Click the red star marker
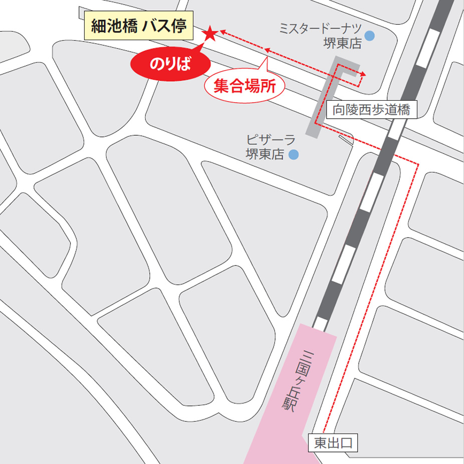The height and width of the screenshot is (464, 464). pyautogui.click(x=209, y=34)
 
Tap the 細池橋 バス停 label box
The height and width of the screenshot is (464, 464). pyautogui.click(x=139, y=27)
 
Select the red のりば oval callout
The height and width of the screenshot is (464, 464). pyautogui.click(x=170, y=64)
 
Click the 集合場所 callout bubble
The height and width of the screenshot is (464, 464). pyautogui.click(x=245, y=87)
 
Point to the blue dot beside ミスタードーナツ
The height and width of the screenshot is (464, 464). pyautogui.click(x=369, y=36)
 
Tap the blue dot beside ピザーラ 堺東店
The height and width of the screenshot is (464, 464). pyautogui.click(x=294, y=155)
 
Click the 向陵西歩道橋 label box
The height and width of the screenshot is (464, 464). pyautogui.click(x=371, y=110)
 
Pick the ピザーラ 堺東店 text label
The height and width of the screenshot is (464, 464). pyautogui.click(x=266, y=147)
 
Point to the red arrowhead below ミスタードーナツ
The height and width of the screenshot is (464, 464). pyautogui.click(x=363, y=75)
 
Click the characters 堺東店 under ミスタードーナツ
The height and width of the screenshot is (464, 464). pyautogui.click(x=343, y=44)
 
